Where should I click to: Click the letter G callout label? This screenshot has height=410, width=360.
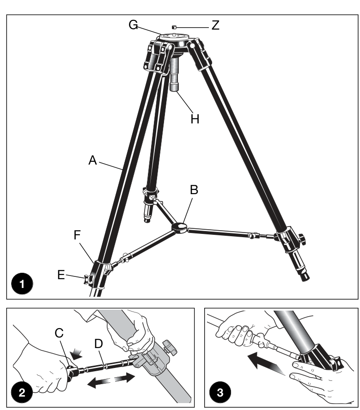[x=133, y=25]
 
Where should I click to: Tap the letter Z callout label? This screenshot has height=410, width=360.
[x=215, y=25]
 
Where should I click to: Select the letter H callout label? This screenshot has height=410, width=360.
[x=195, y=119]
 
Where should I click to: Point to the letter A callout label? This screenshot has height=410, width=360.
[x=92, y=160]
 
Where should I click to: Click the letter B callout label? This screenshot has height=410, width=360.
[x=194, y=190]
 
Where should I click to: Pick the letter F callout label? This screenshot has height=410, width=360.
[x=77, y=235]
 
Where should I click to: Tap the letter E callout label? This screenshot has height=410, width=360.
[x=61, y=275]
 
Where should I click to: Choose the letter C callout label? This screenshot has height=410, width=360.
[x=59, y=333]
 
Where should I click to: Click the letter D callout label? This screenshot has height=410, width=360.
[x=98, y=343]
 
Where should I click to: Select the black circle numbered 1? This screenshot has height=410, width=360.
[x=22, y=284]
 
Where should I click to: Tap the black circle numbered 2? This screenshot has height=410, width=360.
[x=22, y=392]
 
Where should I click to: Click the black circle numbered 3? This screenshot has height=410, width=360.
[x=220, y=392]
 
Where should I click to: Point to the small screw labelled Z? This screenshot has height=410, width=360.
[x=174, y=27]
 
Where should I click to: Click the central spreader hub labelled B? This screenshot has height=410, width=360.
[x=179, y=227]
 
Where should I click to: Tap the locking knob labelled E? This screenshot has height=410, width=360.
[x=87, y=279]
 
